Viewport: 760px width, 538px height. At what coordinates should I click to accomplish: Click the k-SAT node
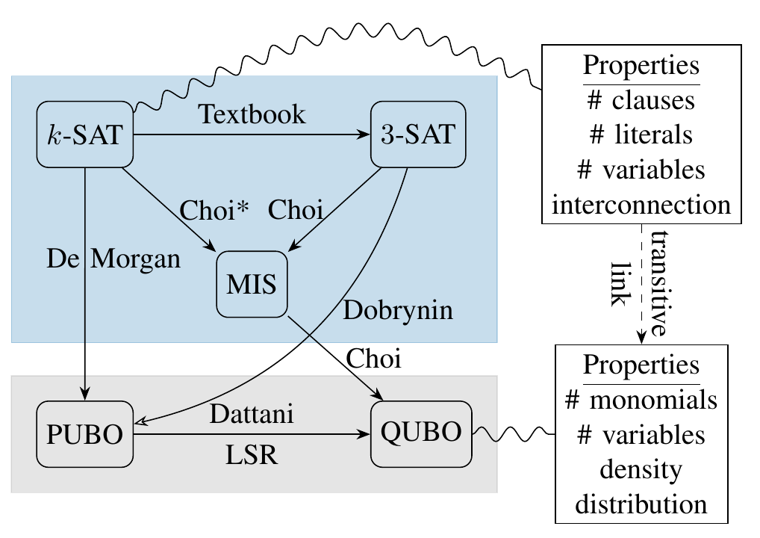[84, 135]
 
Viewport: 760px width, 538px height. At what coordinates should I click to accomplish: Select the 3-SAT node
[418, 135]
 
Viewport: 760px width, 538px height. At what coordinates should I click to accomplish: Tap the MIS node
[252, 285]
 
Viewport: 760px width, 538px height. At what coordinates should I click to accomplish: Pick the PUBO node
[84, 434]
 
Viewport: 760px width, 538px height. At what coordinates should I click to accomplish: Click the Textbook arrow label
[252, 114]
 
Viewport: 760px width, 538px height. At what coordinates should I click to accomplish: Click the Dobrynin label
[398, 310]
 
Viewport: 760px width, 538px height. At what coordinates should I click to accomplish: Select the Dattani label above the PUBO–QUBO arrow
[252, 415]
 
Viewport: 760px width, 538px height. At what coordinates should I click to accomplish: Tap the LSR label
[252, 455]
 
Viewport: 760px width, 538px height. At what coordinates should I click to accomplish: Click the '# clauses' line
[641, 99]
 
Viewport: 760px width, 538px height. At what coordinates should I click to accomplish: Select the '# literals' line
[641, 134]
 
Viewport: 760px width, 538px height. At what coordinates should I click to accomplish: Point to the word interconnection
[641, 204]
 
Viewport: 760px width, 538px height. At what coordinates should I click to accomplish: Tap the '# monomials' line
[641, 401]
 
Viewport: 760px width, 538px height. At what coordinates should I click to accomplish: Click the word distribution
[641, 504]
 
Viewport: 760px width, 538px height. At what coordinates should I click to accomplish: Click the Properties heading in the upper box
[641, 65]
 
